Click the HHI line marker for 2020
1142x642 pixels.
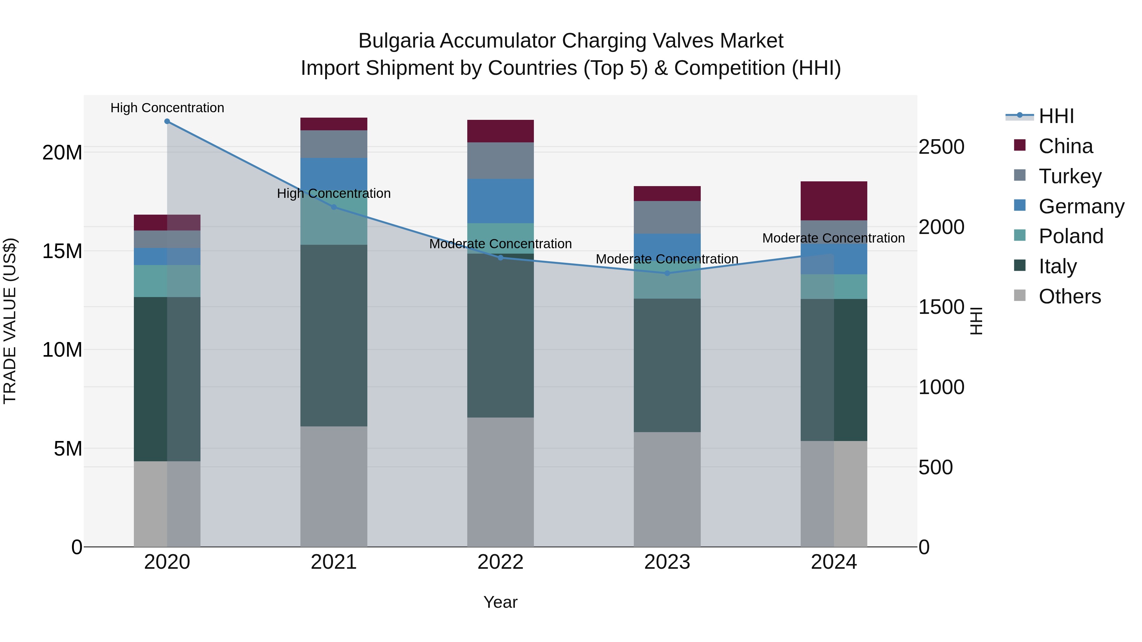coord(167,121)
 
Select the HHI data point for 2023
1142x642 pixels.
coord(667,273)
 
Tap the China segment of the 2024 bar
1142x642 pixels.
coord(834,201)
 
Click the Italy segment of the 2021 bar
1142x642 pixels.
coord(334,335)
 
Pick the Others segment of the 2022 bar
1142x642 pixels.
coord(501,482)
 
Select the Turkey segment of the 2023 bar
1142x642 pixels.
coord(667,217)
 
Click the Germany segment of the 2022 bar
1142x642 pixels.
coord(501,201)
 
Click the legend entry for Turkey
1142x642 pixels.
coord(1069,176)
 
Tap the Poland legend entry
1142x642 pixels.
coord(1071,236)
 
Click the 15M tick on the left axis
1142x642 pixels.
coord(62,251)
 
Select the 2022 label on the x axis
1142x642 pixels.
coord(501,562)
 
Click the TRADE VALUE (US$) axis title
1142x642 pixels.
coord(10,321)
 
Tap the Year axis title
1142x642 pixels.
coord(501,602)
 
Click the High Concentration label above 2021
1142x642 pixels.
coord(334,194)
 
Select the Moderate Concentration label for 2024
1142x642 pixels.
coord(833,238)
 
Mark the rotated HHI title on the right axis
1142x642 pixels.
coord(977,321)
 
